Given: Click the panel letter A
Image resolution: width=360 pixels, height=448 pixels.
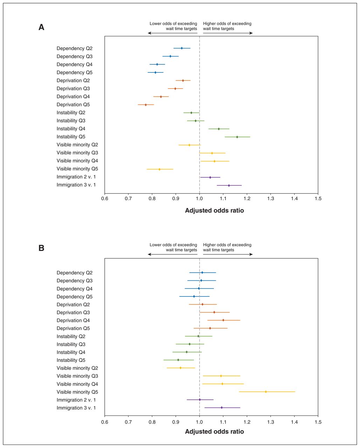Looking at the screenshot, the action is (41, 27).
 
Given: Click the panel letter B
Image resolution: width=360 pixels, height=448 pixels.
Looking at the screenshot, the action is (41, 248).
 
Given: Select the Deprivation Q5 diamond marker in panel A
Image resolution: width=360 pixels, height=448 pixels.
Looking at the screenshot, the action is (146, 105).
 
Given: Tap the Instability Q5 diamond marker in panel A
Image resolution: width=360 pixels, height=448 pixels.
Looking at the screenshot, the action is (237, 137).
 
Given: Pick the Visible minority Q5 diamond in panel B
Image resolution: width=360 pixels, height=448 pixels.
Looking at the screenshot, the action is (266, 392).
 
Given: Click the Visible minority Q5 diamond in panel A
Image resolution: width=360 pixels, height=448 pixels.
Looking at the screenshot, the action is (159, 169).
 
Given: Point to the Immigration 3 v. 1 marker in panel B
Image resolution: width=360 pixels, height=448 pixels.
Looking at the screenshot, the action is (222, 408).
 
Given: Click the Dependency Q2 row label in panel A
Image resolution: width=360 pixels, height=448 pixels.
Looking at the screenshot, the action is (75, 49).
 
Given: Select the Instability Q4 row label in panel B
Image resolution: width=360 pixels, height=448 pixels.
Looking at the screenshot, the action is (71, 352).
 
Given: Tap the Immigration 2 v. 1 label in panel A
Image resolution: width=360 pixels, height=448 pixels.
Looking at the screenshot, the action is (76, 177).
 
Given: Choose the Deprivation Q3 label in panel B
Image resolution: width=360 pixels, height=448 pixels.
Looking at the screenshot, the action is (73, 313).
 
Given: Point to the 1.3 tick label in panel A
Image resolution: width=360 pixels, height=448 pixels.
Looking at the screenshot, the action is (271, 198).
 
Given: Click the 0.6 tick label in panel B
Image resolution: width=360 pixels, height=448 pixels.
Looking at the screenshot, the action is (105, 422).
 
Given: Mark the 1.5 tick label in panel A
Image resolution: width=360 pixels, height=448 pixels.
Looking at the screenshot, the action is (318, 198).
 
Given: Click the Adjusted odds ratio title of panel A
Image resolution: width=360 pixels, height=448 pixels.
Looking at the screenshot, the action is (214, 210).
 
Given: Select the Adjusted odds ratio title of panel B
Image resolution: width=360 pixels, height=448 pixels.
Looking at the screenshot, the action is (214, 432).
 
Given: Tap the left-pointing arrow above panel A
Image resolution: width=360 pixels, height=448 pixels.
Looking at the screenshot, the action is (173, 33).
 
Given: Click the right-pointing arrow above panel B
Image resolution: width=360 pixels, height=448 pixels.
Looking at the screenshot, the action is (228, 254).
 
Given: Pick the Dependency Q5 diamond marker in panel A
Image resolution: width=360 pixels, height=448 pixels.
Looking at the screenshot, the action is (155, 72).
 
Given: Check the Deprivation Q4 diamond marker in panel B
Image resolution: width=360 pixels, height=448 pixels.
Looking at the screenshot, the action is (223, 320).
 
